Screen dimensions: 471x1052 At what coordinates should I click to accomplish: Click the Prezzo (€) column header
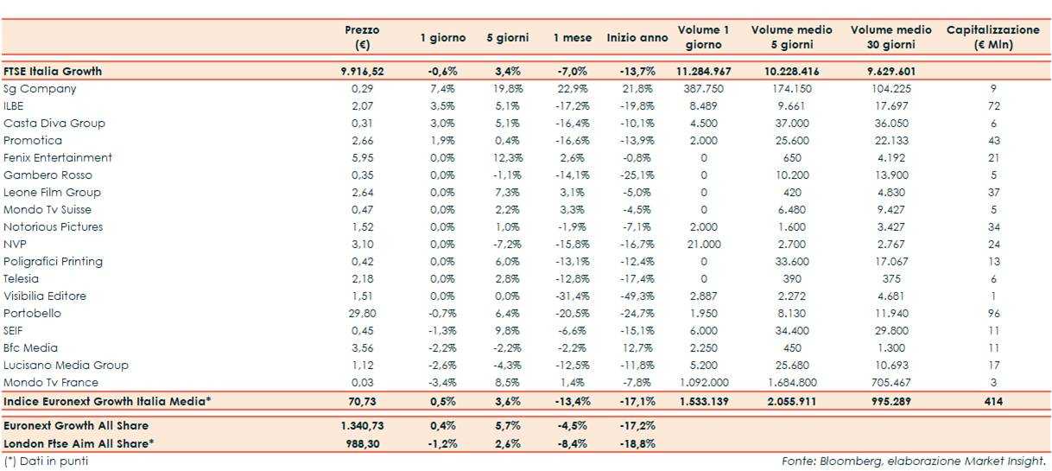362,37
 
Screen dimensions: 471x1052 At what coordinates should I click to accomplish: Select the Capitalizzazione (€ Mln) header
992,37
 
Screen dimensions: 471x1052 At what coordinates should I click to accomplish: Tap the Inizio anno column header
637,37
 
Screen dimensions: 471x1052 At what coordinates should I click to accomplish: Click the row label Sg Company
40,88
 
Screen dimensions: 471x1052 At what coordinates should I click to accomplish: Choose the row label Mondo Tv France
51,382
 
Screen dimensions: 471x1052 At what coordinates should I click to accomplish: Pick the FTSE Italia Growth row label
53,71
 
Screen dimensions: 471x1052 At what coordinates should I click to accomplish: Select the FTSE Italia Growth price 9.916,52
362,71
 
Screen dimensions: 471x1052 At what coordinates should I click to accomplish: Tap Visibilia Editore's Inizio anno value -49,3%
637,296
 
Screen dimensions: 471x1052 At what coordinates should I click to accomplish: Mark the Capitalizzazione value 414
992,402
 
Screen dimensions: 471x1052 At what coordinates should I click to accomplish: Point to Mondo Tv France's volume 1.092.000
704,382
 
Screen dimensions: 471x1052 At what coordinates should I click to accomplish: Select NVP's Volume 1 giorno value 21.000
704,244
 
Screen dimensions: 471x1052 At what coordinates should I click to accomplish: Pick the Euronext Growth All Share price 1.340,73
362,425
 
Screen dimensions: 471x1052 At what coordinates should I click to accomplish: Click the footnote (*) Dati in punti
46,461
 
